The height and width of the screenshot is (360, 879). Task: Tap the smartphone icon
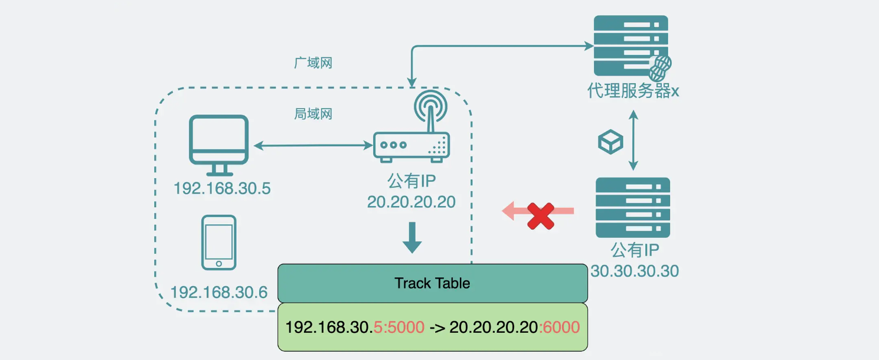point(218,243)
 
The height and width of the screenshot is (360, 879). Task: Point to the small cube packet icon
point(610,141)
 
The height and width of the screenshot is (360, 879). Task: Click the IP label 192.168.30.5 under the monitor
point(222,189)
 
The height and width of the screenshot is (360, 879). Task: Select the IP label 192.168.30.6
point(218,292)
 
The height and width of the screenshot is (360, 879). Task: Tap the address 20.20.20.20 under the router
point(411,202)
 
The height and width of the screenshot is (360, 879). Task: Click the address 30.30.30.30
point(635,271)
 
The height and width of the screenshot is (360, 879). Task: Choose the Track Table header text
point(432,283)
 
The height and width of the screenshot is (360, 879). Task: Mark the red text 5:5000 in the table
point(400,327)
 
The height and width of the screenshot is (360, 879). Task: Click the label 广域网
point(313,63)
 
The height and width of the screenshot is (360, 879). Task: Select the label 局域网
point(313,114)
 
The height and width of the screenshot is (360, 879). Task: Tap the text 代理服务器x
point(633,91)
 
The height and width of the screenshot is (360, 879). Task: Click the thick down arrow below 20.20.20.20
point(411,238)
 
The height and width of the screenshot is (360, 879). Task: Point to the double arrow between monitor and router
point(312,144)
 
